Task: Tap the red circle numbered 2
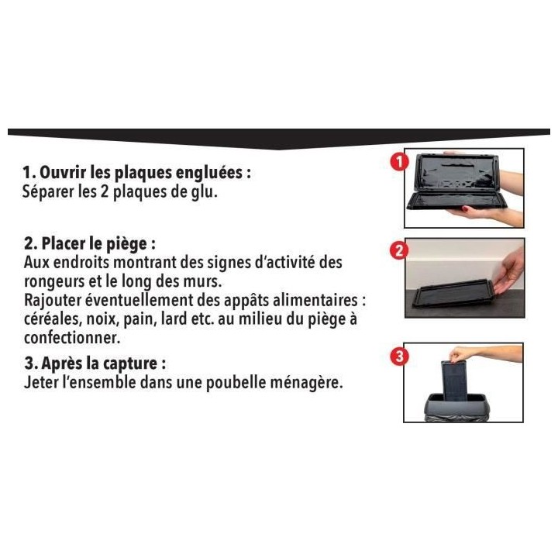(398, 251)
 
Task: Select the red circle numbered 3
(398, 357)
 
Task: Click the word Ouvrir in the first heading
(67, 172)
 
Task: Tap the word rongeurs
(55, 281)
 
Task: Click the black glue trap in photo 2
(453, 296)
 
